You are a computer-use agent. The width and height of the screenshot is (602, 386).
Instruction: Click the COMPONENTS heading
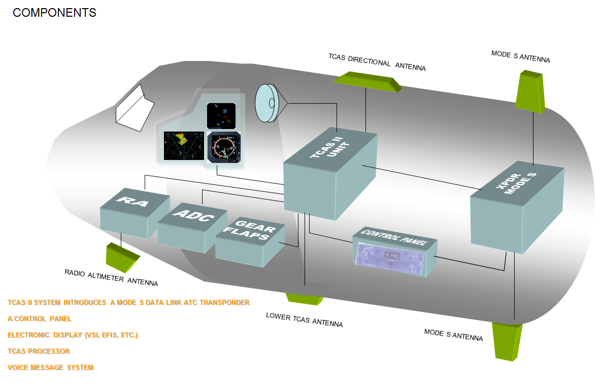click(x=54, y=13)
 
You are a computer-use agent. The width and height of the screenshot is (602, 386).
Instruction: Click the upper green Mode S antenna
click(x=530, y=91)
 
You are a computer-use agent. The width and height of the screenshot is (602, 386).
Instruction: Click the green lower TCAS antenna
click(x=305, y=298)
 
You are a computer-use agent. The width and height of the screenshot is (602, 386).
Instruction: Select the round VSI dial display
click(x=224, y=147)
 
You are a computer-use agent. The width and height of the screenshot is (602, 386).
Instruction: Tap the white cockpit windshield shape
click(x=135, y=109)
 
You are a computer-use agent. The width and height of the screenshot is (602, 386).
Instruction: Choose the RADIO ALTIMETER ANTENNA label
click(x=111, y=277)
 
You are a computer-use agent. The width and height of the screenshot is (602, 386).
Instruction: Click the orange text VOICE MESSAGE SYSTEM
click(x=51, y=367)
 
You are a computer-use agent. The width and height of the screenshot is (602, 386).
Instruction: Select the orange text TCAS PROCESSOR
click(x=39, y=351)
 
